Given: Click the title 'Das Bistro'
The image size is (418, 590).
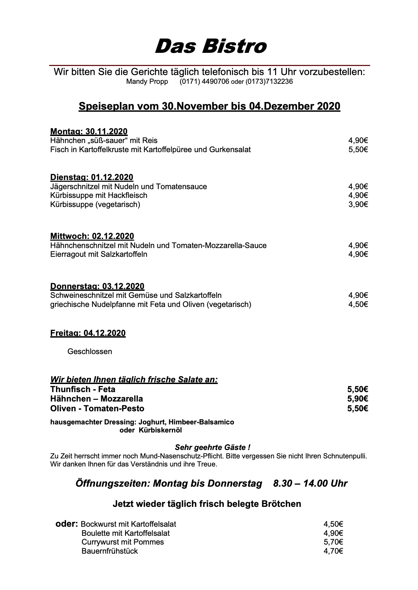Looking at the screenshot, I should coord(210,46).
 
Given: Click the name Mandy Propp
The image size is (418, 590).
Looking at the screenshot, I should coord(147,82).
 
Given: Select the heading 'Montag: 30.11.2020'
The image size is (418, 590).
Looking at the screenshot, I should coord(89,131).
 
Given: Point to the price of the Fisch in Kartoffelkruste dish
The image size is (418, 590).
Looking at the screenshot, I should coord(358,149).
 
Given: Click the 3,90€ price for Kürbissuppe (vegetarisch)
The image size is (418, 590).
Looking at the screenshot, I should coord(358,204).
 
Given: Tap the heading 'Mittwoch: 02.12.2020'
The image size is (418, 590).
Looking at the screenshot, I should coord(92,236).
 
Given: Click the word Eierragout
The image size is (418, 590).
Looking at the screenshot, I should coord(68,254).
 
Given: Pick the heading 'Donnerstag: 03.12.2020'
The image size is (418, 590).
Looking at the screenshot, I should coord(97,286).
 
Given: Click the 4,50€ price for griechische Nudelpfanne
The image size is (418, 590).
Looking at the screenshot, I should coord(358,305).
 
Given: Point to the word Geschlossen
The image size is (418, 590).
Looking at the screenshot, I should coord(90,352).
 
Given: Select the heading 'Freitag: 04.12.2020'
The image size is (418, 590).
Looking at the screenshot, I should coord(88,333).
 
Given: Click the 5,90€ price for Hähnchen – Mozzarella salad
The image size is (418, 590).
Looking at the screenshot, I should coord(357,399).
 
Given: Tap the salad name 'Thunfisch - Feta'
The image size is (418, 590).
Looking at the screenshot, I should coord(83,389).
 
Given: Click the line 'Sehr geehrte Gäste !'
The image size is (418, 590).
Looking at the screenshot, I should coord(212,448).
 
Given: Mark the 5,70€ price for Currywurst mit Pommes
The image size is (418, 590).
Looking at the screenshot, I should coord(333,542).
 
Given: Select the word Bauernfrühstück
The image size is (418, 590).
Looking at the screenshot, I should coord(110,551).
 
